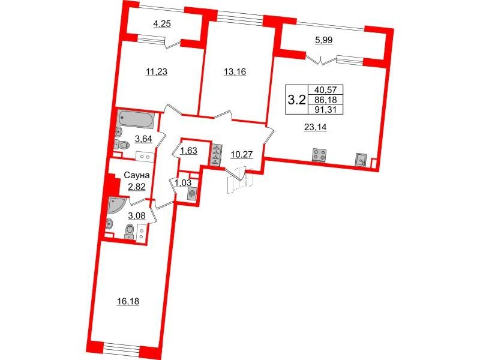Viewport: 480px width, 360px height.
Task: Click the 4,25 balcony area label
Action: [162, 24]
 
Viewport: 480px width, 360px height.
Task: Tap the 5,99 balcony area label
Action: [324, 40]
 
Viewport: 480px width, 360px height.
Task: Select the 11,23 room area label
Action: [157, 72]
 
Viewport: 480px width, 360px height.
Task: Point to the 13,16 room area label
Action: [235, 72]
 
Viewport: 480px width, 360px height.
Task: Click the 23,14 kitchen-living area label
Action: [316, 127]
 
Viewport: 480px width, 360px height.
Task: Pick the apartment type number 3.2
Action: [296, 100]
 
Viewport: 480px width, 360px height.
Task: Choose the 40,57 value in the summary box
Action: [325, 89]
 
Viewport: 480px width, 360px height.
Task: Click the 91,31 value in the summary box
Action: [325, 109]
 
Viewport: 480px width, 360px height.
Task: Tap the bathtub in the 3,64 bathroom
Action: [136, 119]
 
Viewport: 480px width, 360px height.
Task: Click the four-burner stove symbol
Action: [319, 155]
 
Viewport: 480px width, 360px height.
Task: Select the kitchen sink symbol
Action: [361, 160]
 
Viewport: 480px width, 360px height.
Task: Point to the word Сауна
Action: [137, 175]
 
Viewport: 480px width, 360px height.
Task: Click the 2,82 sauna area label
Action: [137, 186]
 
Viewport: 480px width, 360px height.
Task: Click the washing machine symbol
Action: [192, 194]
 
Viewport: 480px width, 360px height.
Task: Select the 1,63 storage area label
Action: [188, 151]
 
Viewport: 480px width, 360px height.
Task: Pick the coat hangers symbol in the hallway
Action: [217, 155]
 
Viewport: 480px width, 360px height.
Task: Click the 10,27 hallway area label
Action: [242, 155]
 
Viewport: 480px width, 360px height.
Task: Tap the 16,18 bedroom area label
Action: [128, 302]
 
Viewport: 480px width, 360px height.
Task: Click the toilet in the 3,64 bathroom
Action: [122, 145]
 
